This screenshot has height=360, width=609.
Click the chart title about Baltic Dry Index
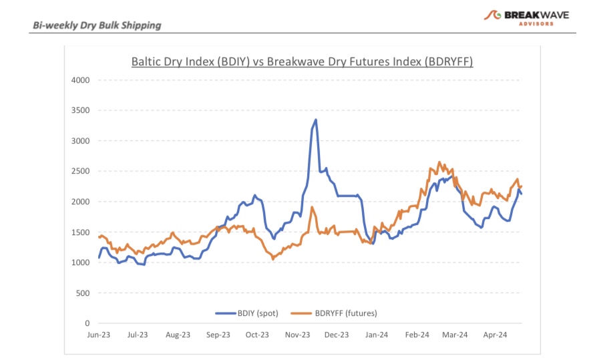click(x=302, y=62)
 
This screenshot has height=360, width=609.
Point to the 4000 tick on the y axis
click(x=80, y=80)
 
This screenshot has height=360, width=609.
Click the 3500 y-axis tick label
click(x=80, y=110)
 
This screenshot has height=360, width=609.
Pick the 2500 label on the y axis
click(x=80, y=171)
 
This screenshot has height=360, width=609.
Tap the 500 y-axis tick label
click(x=83, y=293)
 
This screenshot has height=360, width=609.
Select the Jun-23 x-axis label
click(x=99, y=335)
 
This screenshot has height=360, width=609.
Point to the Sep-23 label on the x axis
click(x=218, y=335)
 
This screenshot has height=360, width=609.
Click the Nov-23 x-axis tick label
click(x=298, y=335)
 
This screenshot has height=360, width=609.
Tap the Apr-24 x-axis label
click(x=494, y=335)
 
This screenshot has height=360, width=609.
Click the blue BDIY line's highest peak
click(x=316, y=120)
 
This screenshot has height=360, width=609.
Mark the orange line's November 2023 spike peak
click(x=312, y=207)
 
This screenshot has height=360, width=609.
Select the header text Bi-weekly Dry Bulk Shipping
click(x=97, y=25)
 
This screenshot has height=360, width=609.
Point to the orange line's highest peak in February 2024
click(x=439, y=162)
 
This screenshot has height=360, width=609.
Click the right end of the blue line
click(x=522, y=194)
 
